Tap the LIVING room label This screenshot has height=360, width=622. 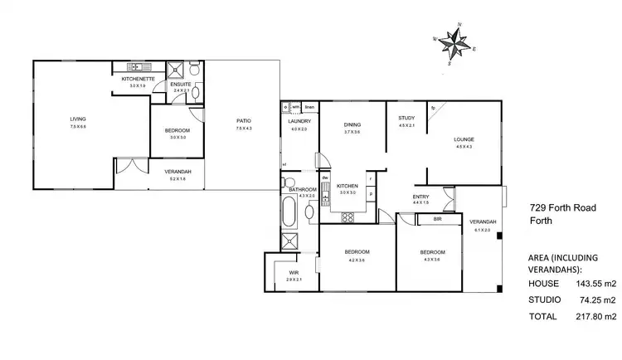78,119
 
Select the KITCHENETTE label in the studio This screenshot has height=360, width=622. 134,78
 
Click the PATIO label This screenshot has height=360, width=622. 243,121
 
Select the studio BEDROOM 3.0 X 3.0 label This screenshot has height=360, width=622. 177,134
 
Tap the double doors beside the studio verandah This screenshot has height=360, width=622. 128,167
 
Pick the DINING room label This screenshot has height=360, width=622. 352,124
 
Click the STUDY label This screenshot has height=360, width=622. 406,118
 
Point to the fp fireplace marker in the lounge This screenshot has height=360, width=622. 435,108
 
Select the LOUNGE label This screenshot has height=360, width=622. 463,139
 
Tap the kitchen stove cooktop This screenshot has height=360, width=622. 348,217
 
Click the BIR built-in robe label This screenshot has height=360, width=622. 437,219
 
